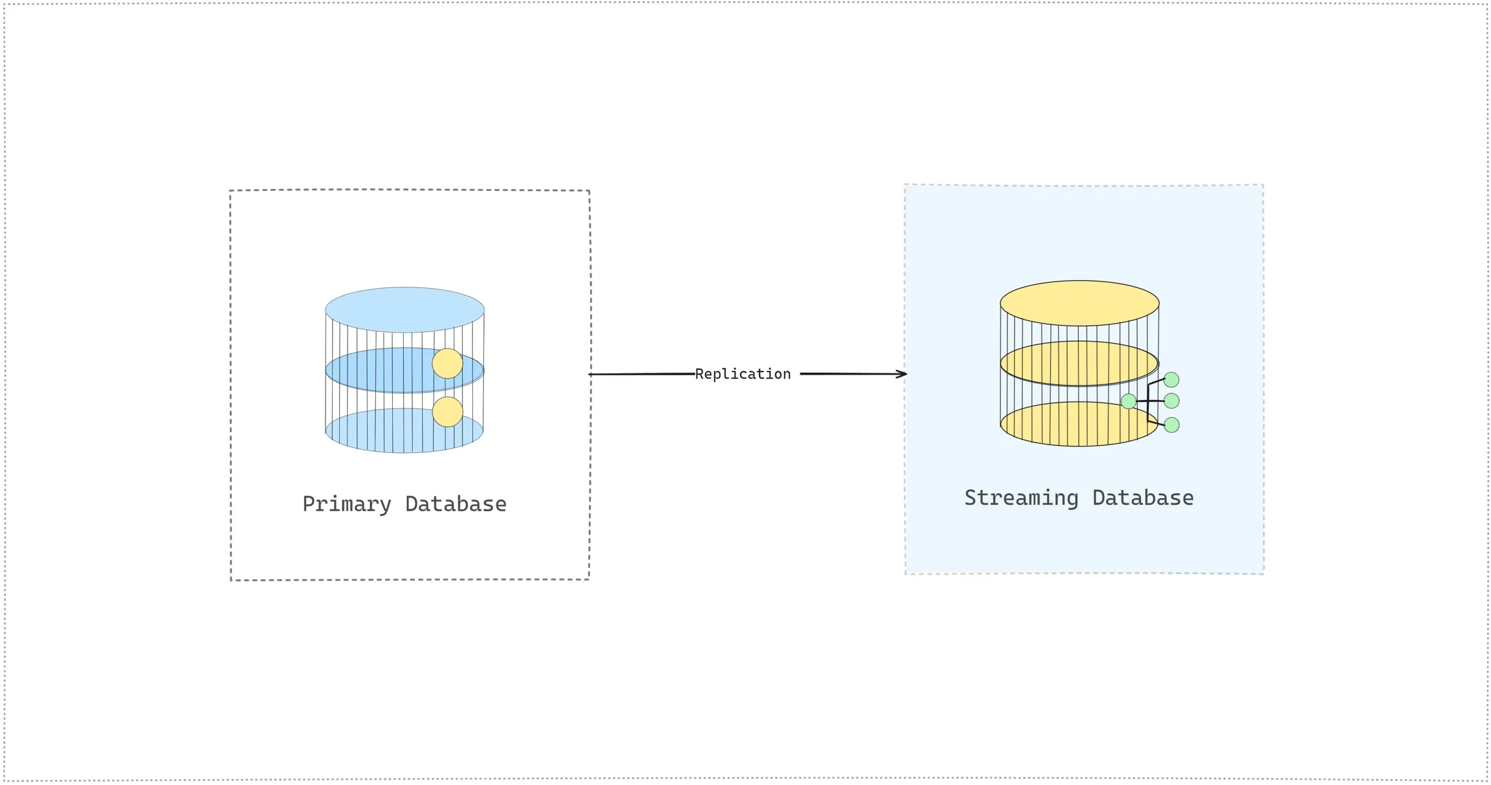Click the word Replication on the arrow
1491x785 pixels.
[742, 374]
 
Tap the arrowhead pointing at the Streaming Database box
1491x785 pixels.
[902, 374]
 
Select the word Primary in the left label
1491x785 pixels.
[347, 504]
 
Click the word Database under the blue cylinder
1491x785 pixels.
[456, 504]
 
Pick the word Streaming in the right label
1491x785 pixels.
[1021, 498]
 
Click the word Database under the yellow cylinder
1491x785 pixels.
[1143, 498]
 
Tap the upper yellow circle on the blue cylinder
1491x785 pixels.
[447, 364]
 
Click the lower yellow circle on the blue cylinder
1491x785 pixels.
[447, 412]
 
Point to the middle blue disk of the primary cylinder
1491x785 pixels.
[382, 371]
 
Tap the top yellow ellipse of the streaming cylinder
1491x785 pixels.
[1079, 303]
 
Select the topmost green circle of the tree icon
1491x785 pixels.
[1171, 380]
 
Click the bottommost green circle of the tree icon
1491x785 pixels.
[1171, 425]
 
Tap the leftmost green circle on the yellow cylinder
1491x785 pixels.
[1129, 401]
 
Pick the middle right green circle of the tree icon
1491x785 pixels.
[1171, 401]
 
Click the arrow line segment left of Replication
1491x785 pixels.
[641, 374]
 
